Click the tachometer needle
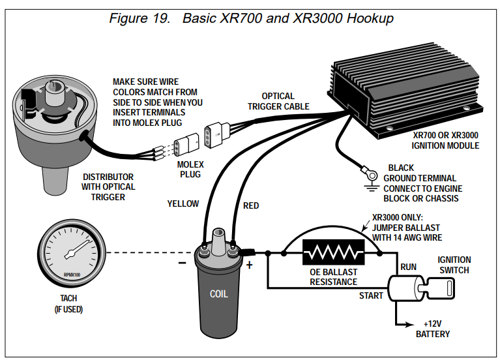coord(77,249)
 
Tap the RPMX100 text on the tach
coord(72,275)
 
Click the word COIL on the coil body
coord(219,293)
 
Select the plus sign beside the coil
coord(250,265)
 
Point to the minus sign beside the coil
coord(182,263)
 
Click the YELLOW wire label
coord(183,203)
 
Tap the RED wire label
coord(251,206)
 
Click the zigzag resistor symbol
coord(334,252)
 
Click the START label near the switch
coord(371,296)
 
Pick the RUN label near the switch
coord(409,267)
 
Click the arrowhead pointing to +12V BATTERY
coord(410,325)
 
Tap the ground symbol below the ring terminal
coord(372,187)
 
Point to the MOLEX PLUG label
coord(190,170)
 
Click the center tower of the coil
coord(219,241)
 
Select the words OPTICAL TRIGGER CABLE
coord(278,101)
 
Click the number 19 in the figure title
coord(161,18)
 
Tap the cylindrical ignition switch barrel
coord(404,288)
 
